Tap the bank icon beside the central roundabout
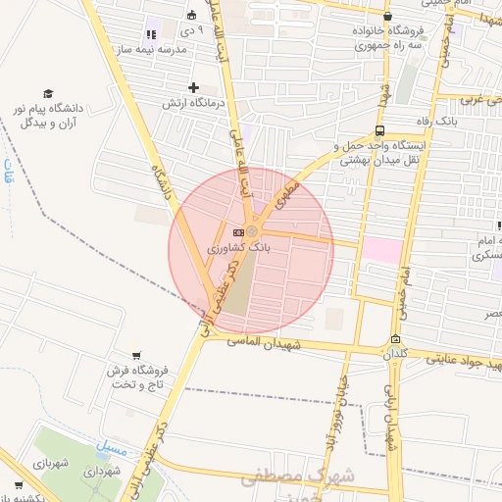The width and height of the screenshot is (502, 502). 238,231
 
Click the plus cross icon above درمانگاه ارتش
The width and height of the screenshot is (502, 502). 194,87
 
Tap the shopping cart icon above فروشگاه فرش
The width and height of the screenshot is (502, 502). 136,355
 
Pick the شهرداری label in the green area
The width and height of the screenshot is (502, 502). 101,472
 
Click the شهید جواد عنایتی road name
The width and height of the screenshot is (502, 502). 461,361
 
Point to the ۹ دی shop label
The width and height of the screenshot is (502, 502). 194,29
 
